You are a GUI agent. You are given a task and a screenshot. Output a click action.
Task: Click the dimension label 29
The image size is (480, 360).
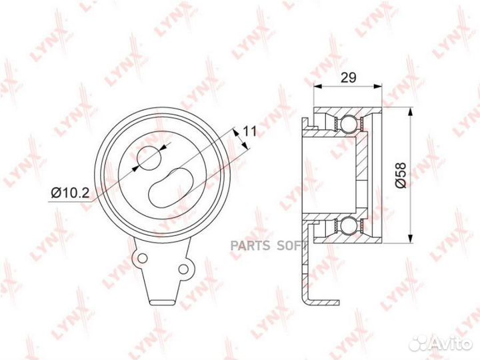[349, 78]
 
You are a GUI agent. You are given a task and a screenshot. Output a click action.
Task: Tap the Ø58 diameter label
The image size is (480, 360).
[401, 175]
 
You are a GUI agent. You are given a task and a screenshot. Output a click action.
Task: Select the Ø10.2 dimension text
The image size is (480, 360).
[70, 193]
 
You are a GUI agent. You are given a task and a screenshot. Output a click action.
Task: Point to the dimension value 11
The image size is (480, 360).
[249, 131]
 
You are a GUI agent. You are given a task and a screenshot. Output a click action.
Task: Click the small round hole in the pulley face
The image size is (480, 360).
[149, 158]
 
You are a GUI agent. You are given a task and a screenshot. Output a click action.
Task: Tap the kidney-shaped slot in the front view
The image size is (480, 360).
[171, 187]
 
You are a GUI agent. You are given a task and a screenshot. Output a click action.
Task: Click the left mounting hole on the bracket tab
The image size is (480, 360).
[143, 258]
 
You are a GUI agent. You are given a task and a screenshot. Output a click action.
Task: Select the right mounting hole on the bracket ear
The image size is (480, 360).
[183, 269]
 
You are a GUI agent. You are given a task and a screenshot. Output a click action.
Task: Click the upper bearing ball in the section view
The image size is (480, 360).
[349, 124]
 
